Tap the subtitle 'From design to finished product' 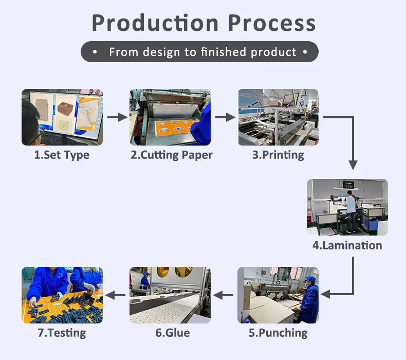click(x=202, y=52)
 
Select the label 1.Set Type click(x=62, y=155)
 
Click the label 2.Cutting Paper click(x=171, y=155)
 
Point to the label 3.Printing click(x=278, y=155)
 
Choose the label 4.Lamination click(x=347, y=245)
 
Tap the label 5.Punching click(x=278, y=333)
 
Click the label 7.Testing click(x=62, y=333)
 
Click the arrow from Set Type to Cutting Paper click(x=117, y=117)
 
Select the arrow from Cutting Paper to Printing click(x=225, y=117)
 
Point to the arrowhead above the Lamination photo click(x=353, y=165)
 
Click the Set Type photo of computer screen click(x=62, y=117)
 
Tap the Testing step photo click(x=62, y=295)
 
